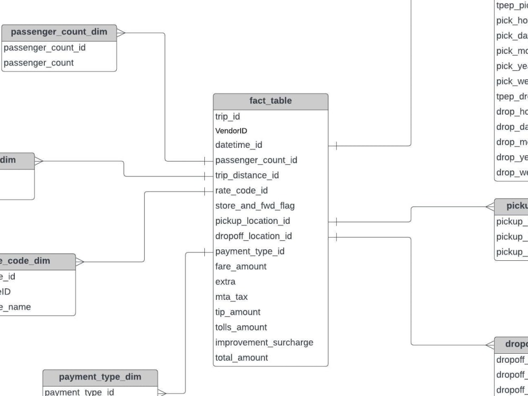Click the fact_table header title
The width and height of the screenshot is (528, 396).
pos(270,101)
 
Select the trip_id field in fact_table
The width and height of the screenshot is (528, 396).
pos(228,116)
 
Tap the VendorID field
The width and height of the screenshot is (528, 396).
pos(231,130)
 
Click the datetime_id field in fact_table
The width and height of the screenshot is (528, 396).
pos(239,145)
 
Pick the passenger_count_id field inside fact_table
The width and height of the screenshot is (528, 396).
pos(256,160)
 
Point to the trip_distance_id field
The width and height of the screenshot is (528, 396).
pos(247,175)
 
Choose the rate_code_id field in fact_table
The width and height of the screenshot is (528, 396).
pos(241,191)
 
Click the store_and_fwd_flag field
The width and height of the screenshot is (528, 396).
pos(255,205)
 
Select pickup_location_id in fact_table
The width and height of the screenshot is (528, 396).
pos(252,221)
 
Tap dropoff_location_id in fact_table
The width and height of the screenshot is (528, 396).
pos(253,236)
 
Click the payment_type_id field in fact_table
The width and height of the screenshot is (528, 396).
pos(250,251)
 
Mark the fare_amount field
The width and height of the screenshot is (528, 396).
pos(241,267)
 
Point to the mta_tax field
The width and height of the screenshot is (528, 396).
pos(231,297)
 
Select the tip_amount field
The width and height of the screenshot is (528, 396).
pos(238,312)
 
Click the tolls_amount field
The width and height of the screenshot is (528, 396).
pos(241,327)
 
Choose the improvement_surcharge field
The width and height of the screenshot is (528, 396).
pos(264,343)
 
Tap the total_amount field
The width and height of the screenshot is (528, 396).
pos(241,357)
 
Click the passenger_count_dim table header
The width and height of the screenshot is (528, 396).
pos(59,32)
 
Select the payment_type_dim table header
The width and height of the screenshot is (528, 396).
pos(100,377)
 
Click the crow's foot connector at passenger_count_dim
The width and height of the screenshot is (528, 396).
pos(121,33)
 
